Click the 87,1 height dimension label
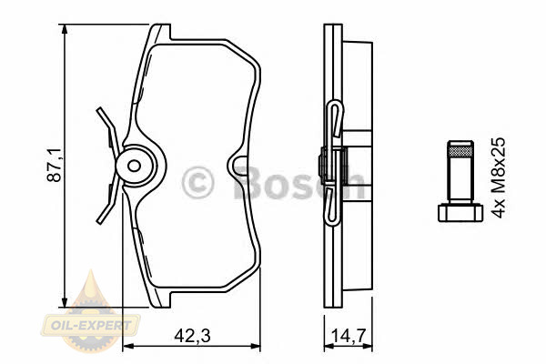pyautogui.click(x=55, y=165)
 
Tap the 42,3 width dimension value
pyautogui.click(x=193, y=336)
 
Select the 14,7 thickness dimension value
pyautogui.click(x=348, y=336)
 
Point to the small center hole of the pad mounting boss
pyautogui.click(x=134, y=166)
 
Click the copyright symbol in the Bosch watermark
pyautogui.click(x=197, y=182)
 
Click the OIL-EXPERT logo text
pyautogui.click(x=91, y=326)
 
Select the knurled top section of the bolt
pyautogui.click(x=460, y=151)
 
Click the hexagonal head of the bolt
pyautogui.click(x=460, y=212)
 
